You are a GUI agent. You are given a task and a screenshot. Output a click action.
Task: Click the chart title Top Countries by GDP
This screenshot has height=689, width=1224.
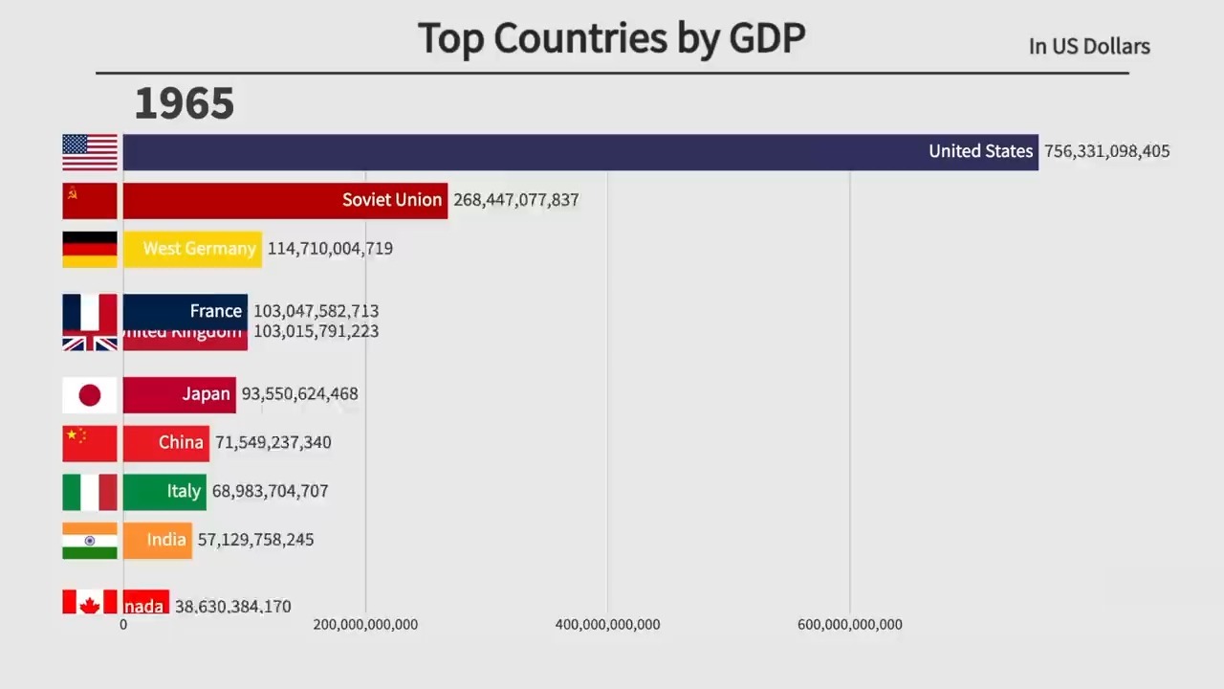[x=611, y=38]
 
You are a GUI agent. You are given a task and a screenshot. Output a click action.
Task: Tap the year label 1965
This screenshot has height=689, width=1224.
[x=185, y=103]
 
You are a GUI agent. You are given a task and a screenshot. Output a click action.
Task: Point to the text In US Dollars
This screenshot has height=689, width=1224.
[x=1089, y=46]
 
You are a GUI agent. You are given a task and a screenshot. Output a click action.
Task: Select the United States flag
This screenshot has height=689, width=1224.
[x=90, y=152]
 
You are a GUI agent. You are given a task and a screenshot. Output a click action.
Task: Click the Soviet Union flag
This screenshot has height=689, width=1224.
[x=90, y=201]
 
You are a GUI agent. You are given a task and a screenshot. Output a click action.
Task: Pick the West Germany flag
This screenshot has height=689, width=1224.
[x=90, y=249]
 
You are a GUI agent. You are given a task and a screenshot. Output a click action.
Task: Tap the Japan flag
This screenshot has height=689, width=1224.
[x=90, y=394]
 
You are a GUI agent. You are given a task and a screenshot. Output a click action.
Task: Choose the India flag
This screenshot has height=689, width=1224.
[x=90, y=540]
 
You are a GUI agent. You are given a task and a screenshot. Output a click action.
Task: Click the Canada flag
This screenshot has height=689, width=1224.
[x=90, y=602]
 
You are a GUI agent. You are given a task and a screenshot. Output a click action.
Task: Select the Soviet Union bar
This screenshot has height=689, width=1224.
[x=285, y=201]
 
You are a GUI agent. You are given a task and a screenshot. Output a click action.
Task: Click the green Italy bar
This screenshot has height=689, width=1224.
[x=164, y=491]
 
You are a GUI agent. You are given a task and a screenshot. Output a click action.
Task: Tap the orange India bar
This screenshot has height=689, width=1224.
[x=157, y=540]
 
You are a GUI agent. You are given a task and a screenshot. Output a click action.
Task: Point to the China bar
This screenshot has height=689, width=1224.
[x=165, y=442]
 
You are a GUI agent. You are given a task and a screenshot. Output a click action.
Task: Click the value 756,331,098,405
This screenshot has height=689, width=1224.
[x=1106, y=151]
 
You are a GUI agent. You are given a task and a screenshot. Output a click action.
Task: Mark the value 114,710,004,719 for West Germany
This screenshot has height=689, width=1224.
[x=330, y=249]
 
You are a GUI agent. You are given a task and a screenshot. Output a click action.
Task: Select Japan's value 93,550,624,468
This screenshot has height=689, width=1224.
[x=299, y=394]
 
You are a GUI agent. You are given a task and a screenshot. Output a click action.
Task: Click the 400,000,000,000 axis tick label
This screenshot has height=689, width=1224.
[x=607, y=625]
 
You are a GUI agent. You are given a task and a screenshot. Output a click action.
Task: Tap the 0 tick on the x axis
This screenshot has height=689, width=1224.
[x=123, y=625]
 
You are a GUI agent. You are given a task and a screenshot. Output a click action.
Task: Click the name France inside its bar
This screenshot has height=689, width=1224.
[x=215, y=311]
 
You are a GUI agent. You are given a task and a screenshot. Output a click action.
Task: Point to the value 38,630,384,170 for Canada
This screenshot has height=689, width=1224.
[x=232, y=606]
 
